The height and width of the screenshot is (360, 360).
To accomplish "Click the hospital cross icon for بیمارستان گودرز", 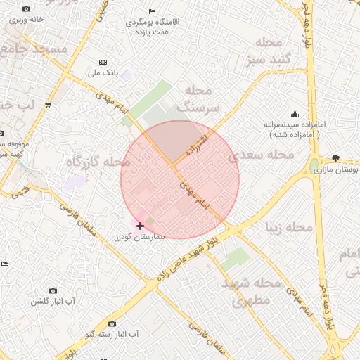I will click(141, 226).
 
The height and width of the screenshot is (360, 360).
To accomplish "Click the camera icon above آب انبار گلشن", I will click(53, 290).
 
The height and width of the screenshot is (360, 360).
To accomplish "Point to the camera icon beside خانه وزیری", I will click(26, 9).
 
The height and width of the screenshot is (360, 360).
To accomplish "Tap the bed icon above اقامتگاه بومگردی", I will click(153, 11).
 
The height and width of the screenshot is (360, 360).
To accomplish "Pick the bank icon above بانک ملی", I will click(104, 63).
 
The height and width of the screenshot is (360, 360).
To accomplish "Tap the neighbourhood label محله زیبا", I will click(286, 227).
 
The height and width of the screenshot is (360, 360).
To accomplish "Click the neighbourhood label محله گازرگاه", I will click(98, 162).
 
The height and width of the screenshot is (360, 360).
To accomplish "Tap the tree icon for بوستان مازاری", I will click(335, 158).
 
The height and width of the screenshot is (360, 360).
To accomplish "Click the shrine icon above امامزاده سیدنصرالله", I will click(293, 114).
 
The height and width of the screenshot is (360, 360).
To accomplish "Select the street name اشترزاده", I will click(196, 143).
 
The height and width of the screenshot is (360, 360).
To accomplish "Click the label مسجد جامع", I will click(34, 49).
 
